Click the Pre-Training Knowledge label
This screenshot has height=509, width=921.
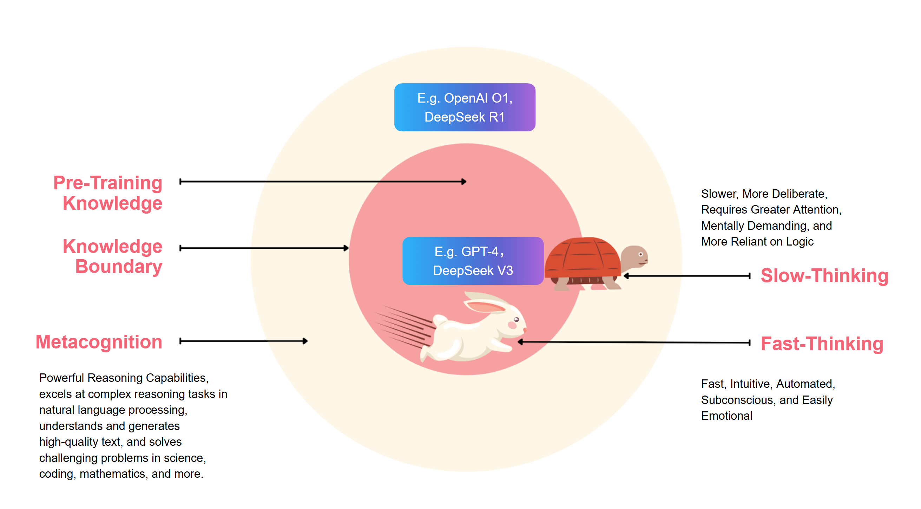[x=108, y=193]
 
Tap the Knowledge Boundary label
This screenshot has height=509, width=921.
[x=113, y=256]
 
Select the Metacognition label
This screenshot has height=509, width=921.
[x=99, y=342]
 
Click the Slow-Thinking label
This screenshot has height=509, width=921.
[x=824, y=276]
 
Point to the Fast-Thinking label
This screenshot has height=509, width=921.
[x=822, y=344]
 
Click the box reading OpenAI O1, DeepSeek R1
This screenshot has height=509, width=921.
[x=465, y=107]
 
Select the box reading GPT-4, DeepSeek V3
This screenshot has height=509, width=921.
[x=473, y=261]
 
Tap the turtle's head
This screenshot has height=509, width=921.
[x=635, y=256]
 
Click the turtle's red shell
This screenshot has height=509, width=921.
[x=583, y=257]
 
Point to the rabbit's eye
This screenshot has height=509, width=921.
[x=516, y=319]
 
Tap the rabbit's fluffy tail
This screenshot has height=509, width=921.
[x=440, y=320]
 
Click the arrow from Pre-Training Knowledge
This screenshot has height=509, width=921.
[x=323, y=182]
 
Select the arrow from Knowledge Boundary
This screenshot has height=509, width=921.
[x=264, y=248]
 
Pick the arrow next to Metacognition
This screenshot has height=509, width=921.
[x=243, y=341]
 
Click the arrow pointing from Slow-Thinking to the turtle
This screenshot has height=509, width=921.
[x=687, y=276]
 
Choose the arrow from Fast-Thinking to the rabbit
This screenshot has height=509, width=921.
[x=634, y=342]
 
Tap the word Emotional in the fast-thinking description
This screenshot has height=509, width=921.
[x=726, y=416]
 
